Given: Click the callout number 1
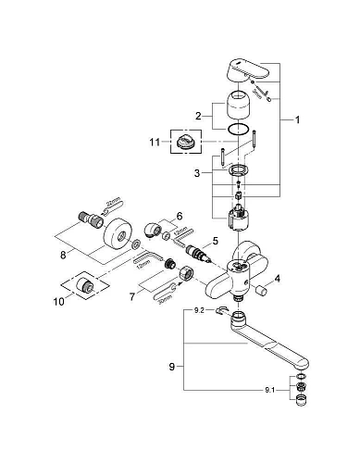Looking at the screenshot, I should point(297,119).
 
